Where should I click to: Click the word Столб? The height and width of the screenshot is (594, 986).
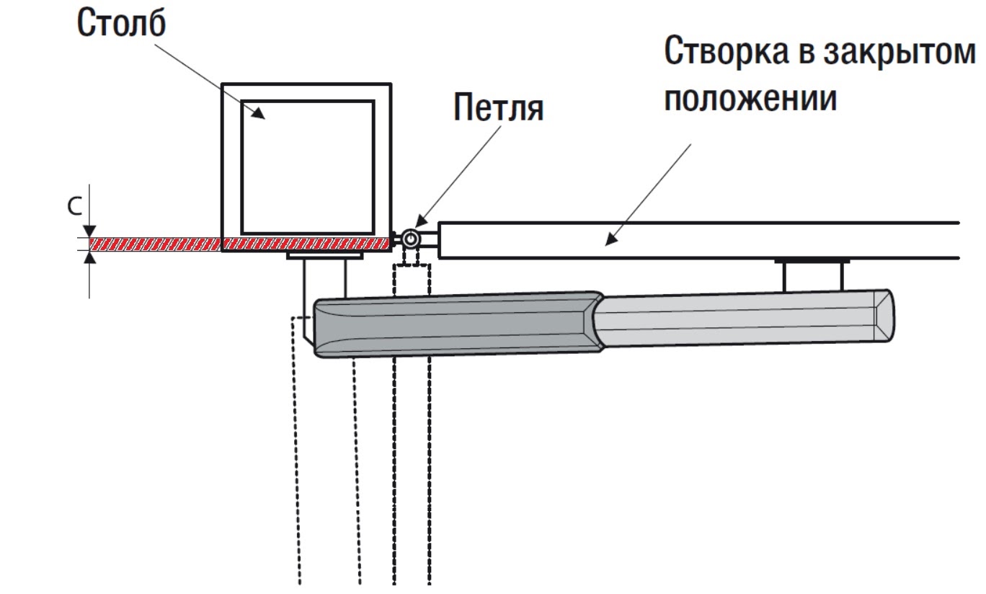[x=122, y=25]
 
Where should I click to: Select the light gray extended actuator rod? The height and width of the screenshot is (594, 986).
[x=735, y=317]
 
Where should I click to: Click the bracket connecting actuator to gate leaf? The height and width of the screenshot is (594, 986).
[x=812, y=275]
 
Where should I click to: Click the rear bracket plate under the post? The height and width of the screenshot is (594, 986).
[x=324, y=255]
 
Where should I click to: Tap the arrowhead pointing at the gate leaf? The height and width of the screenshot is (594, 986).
[x=609, y=238]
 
